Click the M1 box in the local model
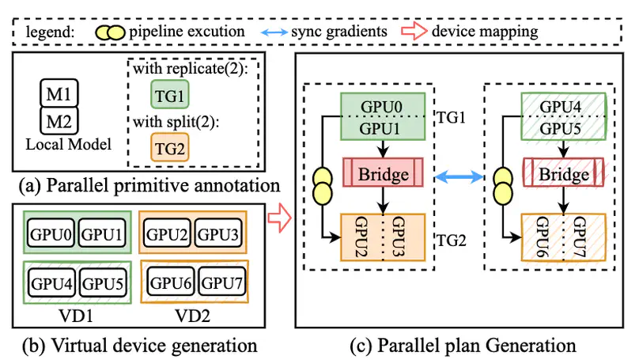[x=55, y=96]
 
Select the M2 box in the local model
[x=55, y=121]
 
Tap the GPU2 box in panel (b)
[x=167, y=234]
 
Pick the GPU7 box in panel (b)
[x=219, y=282]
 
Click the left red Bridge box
[x=383, y=173]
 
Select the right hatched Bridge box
[x=563, y=173]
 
